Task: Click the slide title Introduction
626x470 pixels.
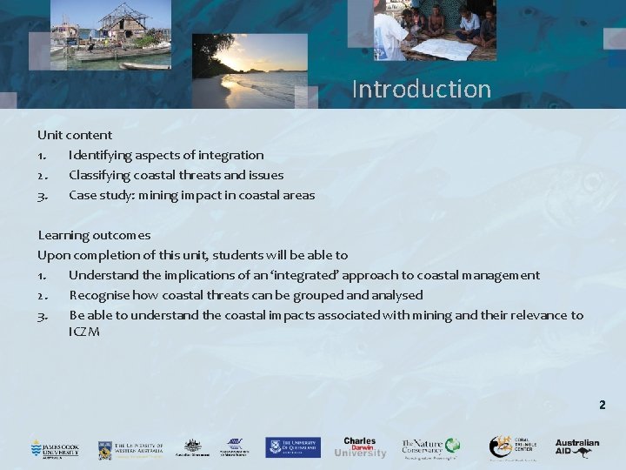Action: click(x=422, y=89)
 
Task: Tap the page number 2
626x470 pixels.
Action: click(x=602, y=405)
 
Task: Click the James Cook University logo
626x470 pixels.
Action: click(x=55, y=448)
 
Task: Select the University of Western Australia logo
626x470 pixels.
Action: click(x=130, y=448)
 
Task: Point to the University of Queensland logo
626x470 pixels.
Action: click(x=293, y=447)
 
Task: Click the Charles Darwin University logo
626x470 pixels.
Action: click(x=360, y=447)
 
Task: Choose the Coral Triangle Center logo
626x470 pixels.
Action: click(x=512, y=447)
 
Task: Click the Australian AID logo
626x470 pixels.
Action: click(x=577, y=447)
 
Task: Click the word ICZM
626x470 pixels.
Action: click(x=84, y=332)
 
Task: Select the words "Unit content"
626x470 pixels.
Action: click(x=75, y=135)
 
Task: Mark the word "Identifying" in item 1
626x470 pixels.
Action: click(x=102, y=155)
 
